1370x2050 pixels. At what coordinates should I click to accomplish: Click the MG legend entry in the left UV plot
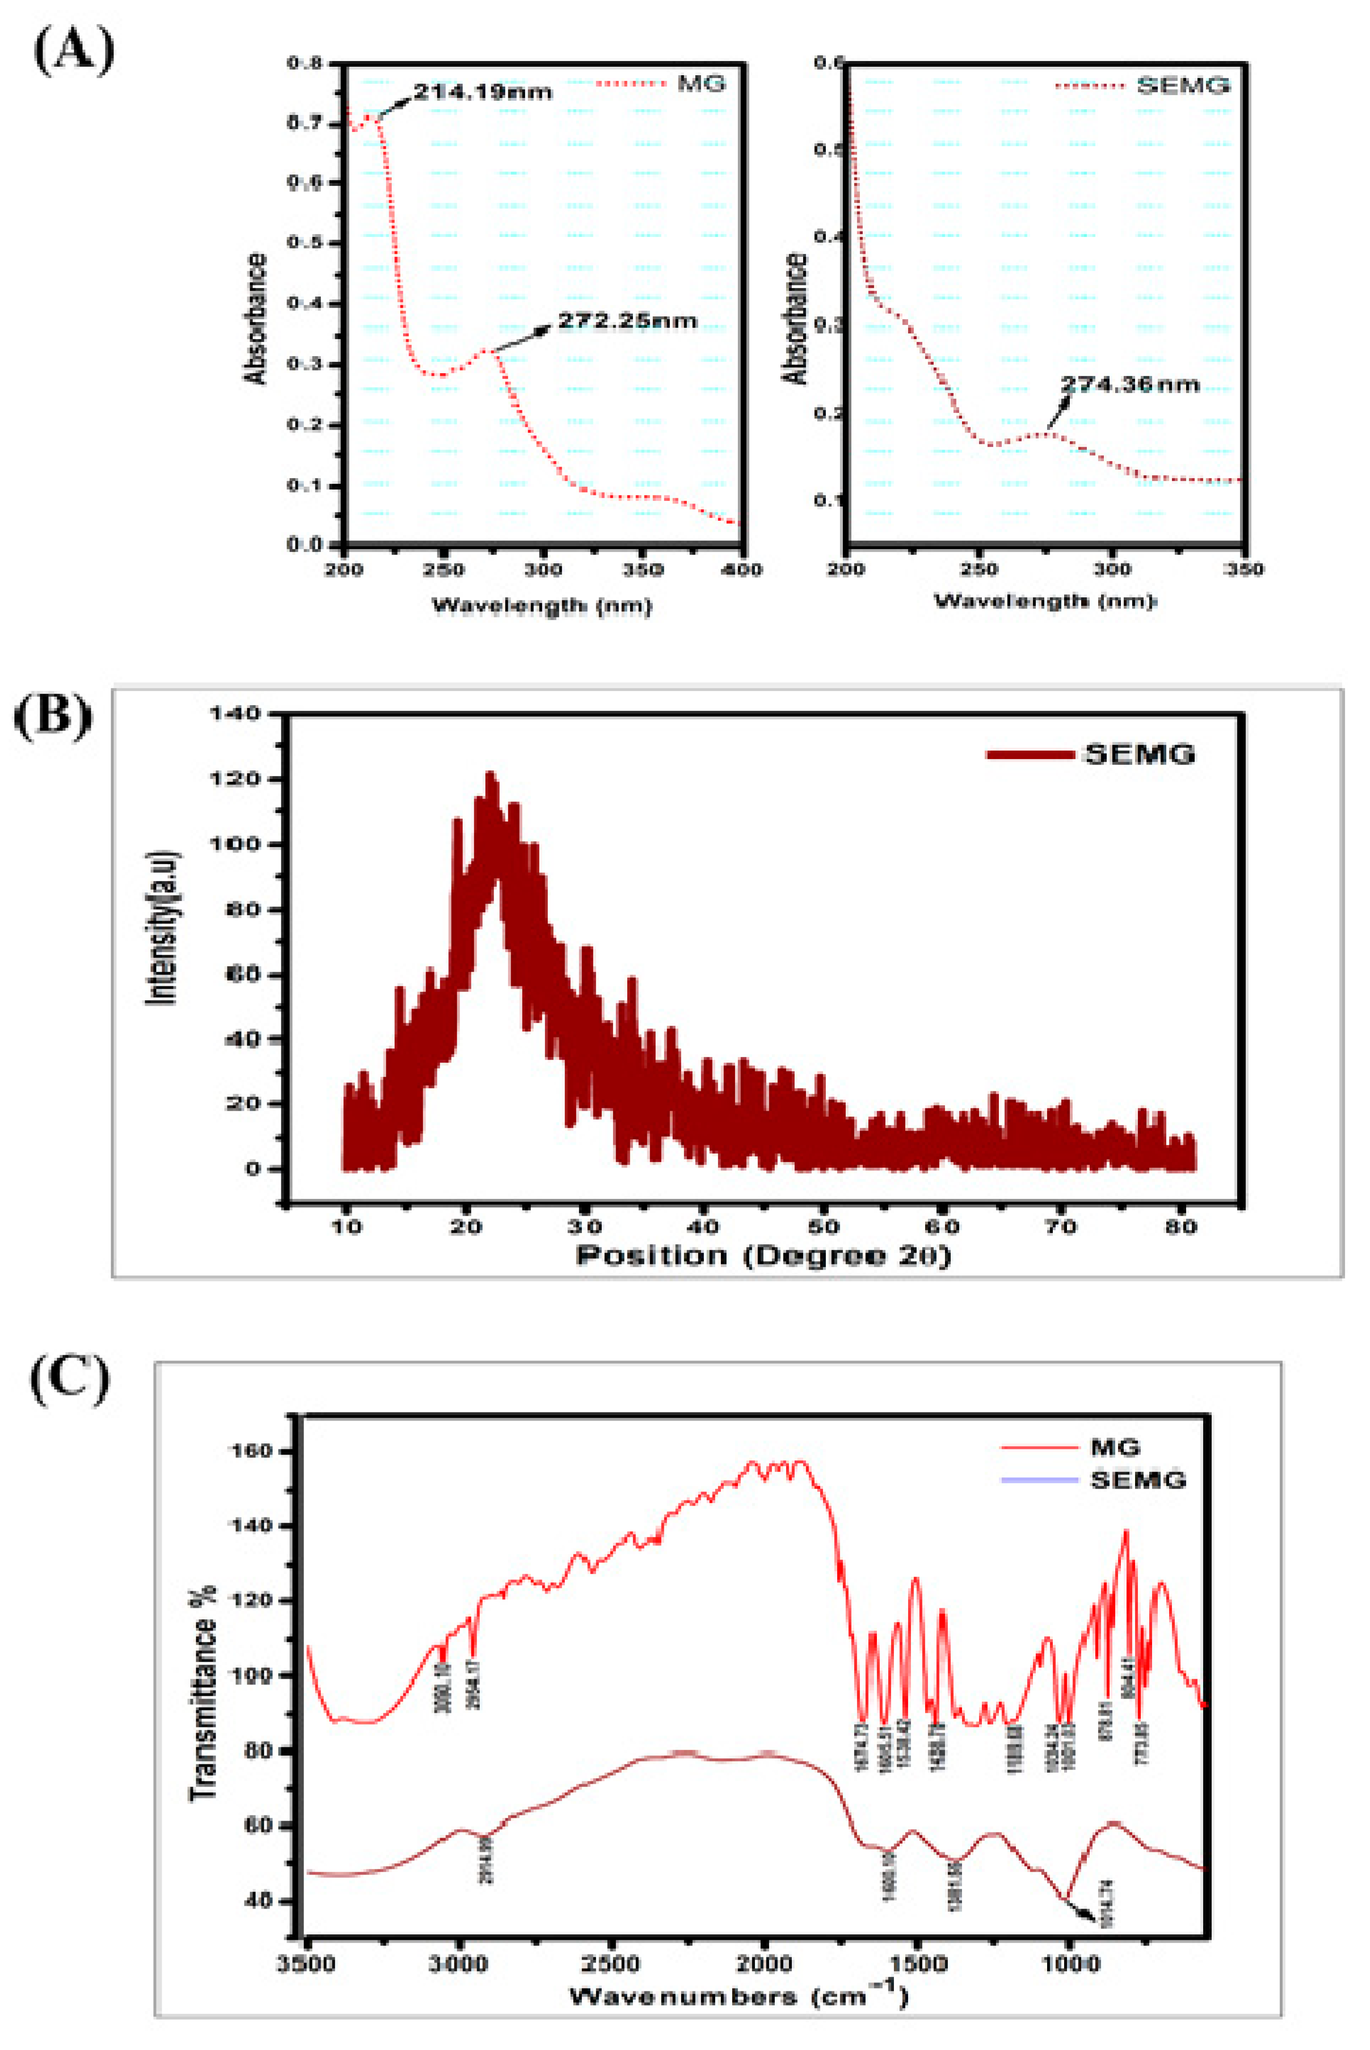[701, 84]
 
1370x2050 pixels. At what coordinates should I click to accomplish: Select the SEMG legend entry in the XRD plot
[1138, 754]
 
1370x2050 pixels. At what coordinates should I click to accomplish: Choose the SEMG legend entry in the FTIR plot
[1137, 1479]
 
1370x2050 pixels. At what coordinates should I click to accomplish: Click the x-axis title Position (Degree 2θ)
[763, 1256]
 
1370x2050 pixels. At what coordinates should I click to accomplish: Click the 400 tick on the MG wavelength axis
[743, 570]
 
